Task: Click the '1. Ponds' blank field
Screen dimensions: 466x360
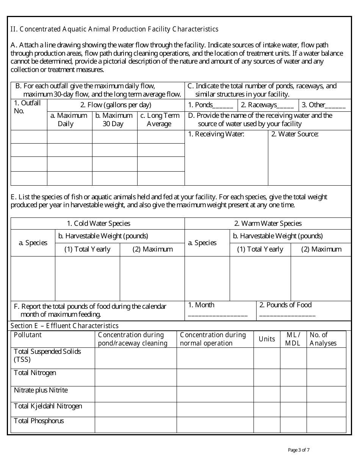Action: click(x=223, y=106)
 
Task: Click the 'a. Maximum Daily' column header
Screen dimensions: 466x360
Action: click(x=69, y=120)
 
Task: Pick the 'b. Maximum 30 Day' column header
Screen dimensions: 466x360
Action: click(x=114, y=120)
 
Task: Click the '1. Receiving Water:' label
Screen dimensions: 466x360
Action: click(x=216, y=134)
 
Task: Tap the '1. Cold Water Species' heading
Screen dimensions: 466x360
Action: click(x=98, y=224)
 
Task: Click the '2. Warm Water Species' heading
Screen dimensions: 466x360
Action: click(x=268, y=224)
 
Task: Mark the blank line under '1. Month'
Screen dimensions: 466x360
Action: click(x=218, y=315)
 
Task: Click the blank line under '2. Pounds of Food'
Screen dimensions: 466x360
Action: click(x=287, y=315)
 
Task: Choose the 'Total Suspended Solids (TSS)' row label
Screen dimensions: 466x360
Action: click(x=47, y=355)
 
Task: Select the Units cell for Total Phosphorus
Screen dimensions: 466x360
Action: click(x=267, y=425)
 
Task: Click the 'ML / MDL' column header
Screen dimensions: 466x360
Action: click(x=293, y=339)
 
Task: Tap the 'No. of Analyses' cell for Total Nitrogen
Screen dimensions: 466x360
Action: click(x=326, y=377)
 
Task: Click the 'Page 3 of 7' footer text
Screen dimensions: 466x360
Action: click(x=299, y=450)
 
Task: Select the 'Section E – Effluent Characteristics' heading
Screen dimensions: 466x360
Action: click(x=64, y=326)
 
